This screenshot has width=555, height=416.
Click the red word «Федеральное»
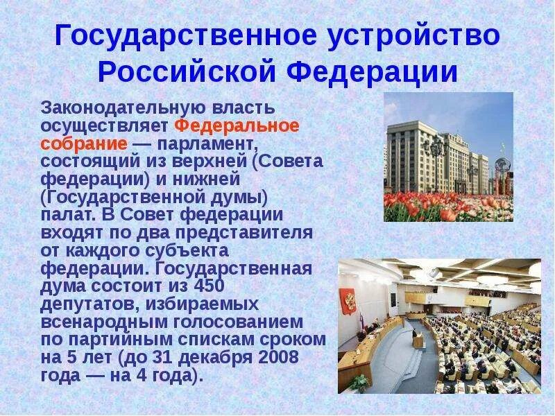coord(237,126)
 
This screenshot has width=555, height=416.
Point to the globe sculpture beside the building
coord(502,168)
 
